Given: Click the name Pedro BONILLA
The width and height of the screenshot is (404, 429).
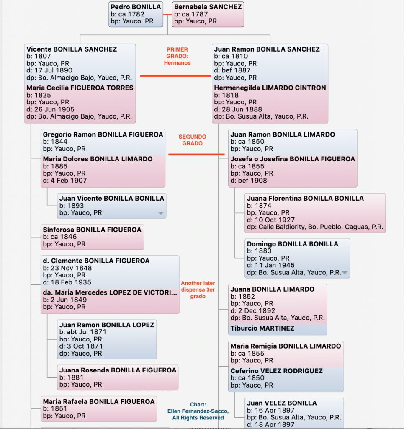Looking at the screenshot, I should coord(136,7).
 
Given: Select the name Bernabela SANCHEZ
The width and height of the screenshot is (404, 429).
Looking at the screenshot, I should coord(208,7).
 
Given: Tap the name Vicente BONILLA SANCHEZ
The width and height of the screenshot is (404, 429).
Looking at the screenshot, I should coord(72,49).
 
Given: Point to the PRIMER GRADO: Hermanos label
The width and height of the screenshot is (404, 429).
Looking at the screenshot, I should coord(177,56).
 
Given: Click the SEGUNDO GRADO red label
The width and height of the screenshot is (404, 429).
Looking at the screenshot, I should coord(192,140).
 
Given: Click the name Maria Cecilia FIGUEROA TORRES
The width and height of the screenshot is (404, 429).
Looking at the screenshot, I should coord(80,88).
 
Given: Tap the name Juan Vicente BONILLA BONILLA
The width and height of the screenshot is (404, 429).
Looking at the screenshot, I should coord(112,198).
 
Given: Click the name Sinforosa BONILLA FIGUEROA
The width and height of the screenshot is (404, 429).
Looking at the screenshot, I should coord(92,230).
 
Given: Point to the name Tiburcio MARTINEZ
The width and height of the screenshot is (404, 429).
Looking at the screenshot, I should coord(262,328).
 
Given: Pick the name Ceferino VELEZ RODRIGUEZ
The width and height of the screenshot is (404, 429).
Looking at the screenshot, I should coord(276,371).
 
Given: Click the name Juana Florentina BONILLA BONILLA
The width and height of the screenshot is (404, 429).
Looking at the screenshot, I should coord(305,198).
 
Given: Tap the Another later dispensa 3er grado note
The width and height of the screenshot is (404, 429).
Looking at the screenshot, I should coord(198,289).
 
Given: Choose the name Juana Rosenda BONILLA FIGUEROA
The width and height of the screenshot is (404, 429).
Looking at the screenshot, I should coord(118,370).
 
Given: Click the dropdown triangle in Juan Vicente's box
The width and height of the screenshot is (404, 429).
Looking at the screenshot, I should coord(161,213).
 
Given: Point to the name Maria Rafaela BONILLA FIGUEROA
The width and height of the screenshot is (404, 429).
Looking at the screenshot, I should coord(99,402).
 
